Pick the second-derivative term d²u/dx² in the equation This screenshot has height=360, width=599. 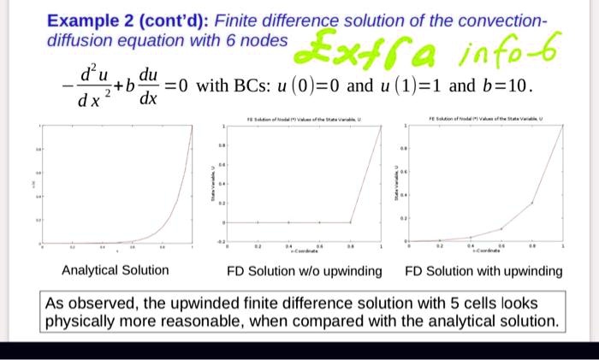[89, 87]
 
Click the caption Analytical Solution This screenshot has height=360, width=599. [116, 271]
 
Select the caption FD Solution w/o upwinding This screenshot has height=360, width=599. [304, 271]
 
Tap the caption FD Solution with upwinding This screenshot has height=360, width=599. [483, 271]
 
